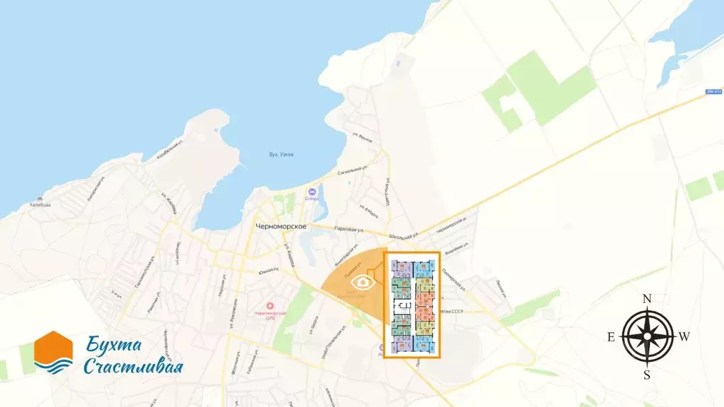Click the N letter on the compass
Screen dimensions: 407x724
646,299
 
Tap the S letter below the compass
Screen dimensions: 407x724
646,374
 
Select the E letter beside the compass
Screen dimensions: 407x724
612,337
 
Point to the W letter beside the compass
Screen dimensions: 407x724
684,337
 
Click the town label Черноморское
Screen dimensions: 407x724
281,225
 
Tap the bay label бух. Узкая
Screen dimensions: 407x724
281,155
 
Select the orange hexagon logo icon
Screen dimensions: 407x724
53,352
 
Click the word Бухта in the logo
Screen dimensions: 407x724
115,346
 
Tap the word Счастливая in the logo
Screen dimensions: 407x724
133,367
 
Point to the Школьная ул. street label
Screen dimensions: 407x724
404,233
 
